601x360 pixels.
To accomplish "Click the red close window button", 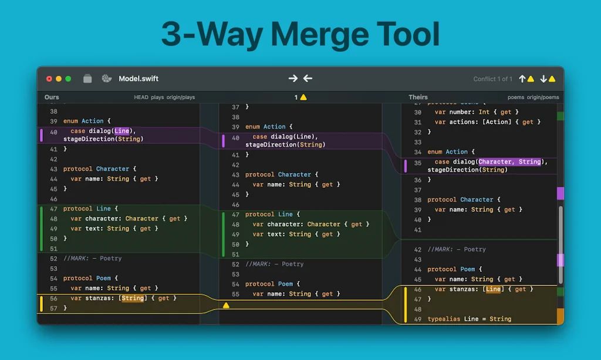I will click(49, 79).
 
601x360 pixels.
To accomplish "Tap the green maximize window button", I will click(68, 79).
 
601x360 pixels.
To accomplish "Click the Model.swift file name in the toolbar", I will click(139, 79).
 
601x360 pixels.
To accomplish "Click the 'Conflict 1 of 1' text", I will click(492, 79).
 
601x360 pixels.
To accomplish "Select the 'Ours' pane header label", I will click(52, 97).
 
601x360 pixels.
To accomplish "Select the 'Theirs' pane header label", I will click(418, 97).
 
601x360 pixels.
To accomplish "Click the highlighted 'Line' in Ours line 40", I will click(122, 131).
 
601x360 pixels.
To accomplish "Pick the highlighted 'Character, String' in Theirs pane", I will click(509, 162).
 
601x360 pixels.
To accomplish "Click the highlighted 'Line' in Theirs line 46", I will click(493, 289).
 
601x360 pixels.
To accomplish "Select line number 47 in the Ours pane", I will click(53, 208).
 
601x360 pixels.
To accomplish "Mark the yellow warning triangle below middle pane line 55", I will click(226, 305).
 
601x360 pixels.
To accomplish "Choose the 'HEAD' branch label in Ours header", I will click(141, 97).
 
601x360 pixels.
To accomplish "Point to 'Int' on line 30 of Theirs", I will click(484, 112).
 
